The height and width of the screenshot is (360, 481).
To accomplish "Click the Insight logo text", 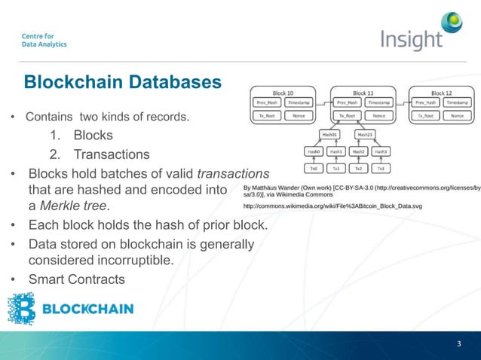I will coord(411,39).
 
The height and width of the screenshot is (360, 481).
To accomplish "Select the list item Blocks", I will coord(93,136).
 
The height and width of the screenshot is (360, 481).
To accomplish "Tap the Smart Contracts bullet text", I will coord(78,280).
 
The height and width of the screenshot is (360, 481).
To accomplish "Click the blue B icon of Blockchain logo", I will coord(21,309).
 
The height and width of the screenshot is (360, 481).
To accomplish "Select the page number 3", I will coord(458,344).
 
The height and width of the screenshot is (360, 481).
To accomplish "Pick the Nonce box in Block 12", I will coord(456,116).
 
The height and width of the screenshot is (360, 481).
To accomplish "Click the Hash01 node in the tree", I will coord(329,134).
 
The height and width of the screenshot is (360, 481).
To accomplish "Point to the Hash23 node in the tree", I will coord(364,134).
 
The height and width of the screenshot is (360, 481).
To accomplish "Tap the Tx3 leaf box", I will coord(381,168).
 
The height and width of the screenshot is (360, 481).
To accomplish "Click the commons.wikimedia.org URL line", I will coord(332,205).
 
